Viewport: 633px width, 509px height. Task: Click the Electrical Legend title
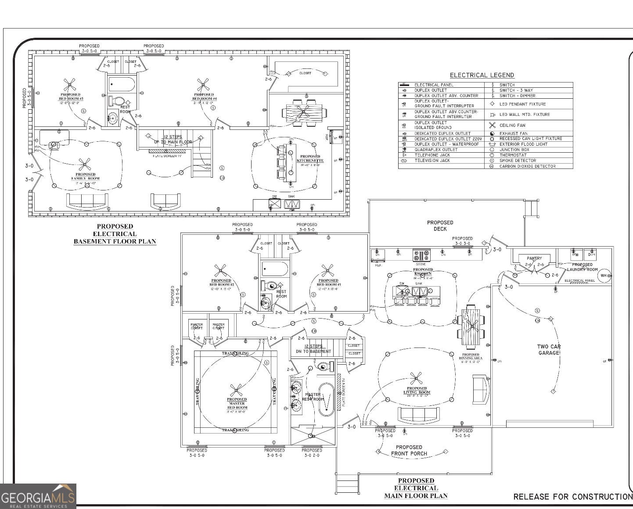coord(482,75)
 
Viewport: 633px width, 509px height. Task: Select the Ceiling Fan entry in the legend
coord(512,125)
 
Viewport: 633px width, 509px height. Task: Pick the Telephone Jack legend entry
coord(432,155)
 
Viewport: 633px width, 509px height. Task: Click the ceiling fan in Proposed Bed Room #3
coord(69,84)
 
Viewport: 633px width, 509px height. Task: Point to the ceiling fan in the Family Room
coord(84,165)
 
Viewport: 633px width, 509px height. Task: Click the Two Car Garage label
coord(549,350)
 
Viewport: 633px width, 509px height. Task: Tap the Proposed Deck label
coord(440,226)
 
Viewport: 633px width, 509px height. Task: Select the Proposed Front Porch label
coord(409,450)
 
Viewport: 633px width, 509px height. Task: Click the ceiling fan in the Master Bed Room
coord(237,389)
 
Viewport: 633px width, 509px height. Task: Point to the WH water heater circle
coord(604,276)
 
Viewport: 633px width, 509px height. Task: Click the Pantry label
coord(534,258)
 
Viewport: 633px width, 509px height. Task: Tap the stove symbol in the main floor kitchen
coord(421,255)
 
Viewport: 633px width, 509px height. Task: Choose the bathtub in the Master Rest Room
coord(326,400)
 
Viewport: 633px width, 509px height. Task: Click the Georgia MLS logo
coord(38,497)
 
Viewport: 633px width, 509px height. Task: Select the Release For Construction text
coord(573,497)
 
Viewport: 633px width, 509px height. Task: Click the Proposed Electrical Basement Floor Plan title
coord(115,234)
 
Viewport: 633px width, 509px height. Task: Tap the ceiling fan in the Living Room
coord(415,377)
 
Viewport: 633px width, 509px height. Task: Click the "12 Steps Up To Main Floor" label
coord(173,140)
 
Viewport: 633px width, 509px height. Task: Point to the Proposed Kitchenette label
coord(310,158)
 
